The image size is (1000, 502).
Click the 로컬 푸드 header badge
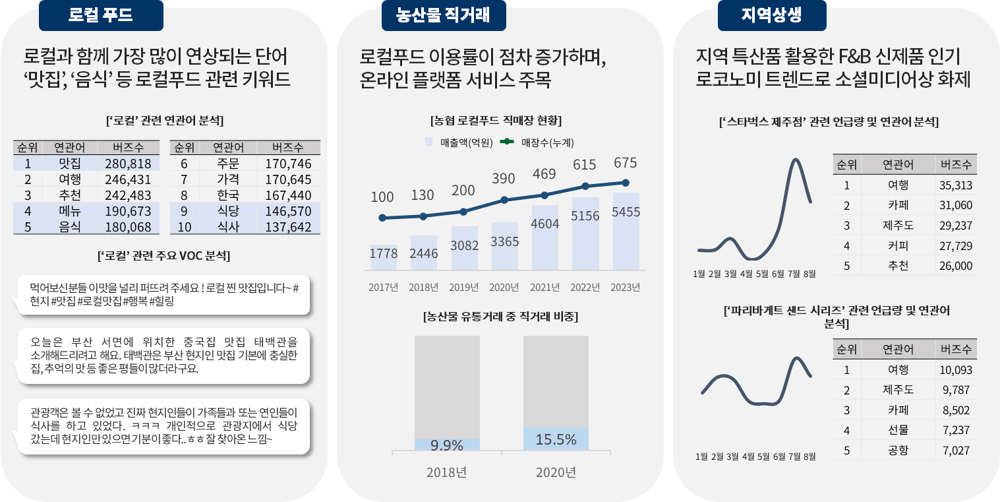point(101,15)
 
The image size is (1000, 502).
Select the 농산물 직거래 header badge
point(443,15)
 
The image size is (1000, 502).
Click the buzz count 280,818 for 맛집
point(128,164)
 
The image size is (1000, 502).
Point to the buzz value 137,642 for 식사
point(288,228)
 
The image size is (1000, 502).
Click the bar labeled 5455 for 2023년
point(626,231)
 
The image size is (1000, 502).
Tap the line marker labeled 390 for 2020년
point(504,200)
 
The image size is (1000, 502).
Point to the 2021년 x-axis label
point(544,288)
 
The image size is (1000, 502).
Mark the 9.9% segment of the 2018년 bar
point(446,445)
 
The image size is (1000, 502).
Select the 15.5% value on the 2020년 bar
point(556,439)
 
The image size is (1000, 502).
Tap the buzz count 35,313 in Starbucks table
point(955,185)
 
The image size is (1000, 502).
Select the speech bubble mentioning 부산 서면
point(163,355)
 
